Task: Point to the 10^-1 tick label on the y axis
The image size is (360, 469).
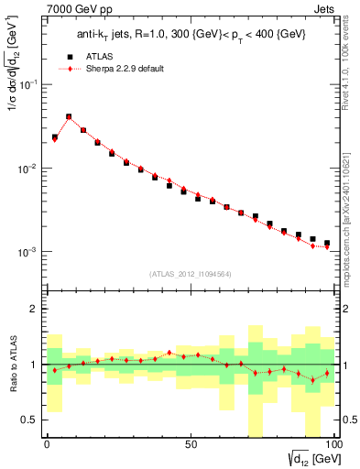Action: (x=27, y=84)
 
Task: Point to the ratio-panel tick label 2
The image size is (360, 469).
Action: (x=32, y=309)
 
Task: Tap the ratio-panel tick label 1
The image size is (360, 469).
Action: (x=32, y=365)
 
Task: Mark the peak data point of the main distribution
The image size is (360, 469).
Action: (x=69, y=117)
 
